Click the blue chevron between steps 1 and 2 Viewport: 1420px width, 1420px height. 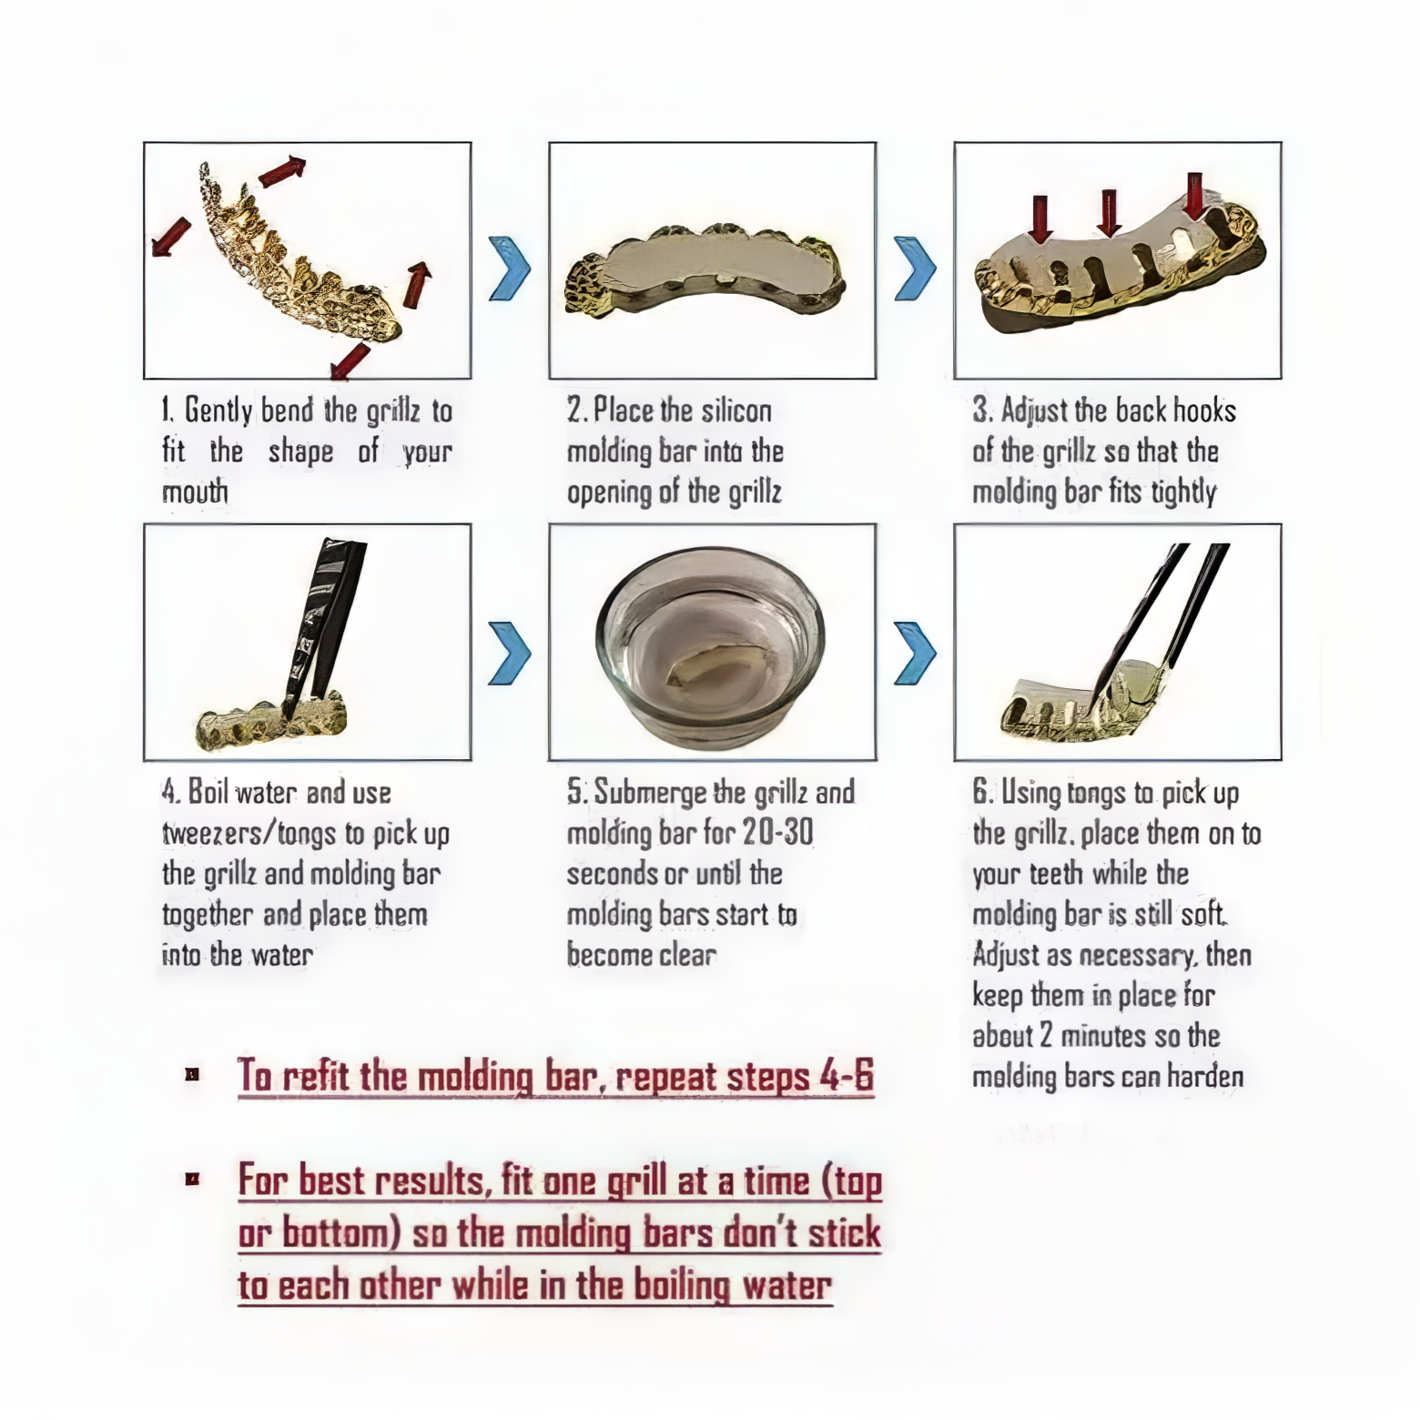[x=509, y=269]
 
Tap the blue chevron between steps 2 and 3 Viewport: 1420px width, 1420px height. [x=914, y=269]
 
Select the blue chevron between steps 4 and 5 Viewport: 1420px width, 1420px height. [x=509, y=653]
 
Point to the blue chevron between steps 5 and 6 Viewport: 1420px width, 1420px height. [x=914, y=653]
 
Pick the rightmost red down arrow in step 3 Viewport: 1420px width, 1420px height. [x=1194, y=196]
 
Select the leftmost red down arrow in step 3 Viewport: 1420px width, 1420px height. [x=1040, y=217]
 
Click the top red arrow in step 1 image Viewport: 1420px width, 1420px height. [x=281, y=170]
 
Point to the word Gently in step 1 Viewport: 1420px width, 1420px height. [x=218, y=411]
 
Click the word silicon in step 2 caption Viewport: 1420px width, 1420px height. [x=736, y=411]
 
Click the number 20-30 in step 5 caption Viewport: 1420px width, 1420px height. [x=776, y=832]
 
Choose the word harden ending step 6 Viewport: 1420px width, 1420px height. [x=1205, y=1077]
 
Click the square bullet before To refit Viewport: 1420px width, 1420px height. [x=192, y=1075]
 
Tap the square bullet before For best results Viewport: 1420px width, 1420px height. [x=192, y=1181]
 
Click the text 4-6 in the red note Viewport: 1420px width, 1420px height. [x=847, y=1076]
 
